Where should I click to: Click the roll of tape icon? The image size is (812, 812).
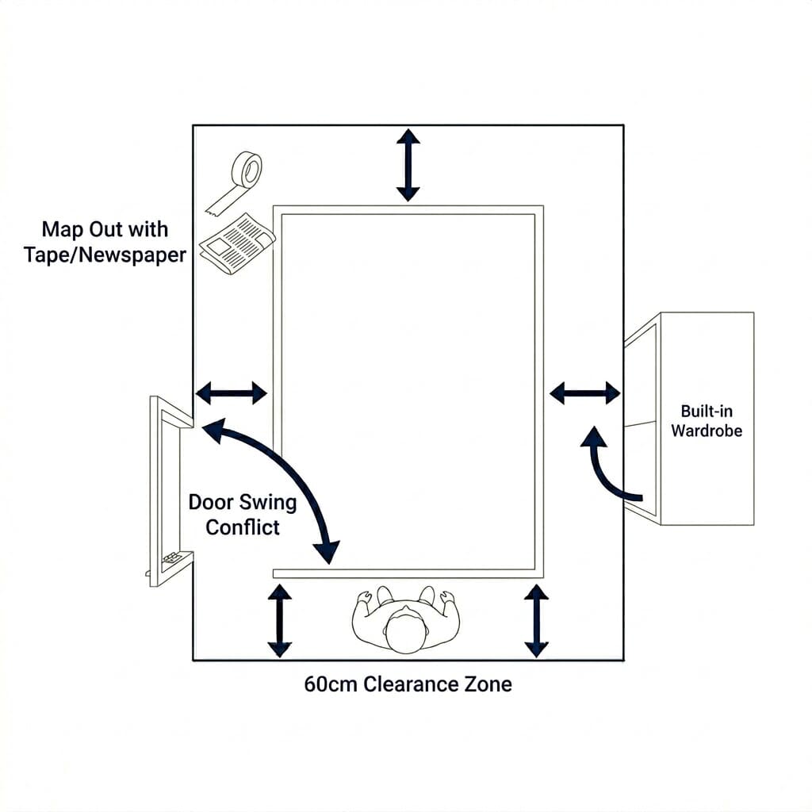(242, 178)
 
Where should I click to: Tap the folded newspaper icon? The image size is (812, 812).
(236, 243)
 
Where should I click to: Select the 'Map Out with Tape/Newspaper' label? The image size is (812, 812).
(105, 242)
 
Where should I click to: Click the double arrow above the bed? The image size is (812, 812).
(408, 165)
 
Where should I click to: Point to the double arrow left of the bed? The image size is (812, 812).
(231, 392)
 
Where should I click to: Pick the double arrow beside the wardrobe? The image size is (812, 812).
(585, 392)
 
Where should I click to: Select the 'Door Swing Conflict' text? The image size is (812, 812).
(242, 514)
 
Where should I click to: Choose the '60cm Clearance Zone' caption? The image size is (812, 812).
(408, 684)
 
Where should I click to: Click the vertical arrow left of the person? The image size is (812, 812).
(279, 620)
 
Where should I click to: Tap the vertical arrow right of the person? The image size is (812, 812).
(537, 620)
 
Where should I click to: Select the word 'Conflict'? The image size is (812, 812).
(242, 527)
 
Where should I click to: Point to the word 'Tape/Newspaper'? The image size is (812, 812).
(105, 255)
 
